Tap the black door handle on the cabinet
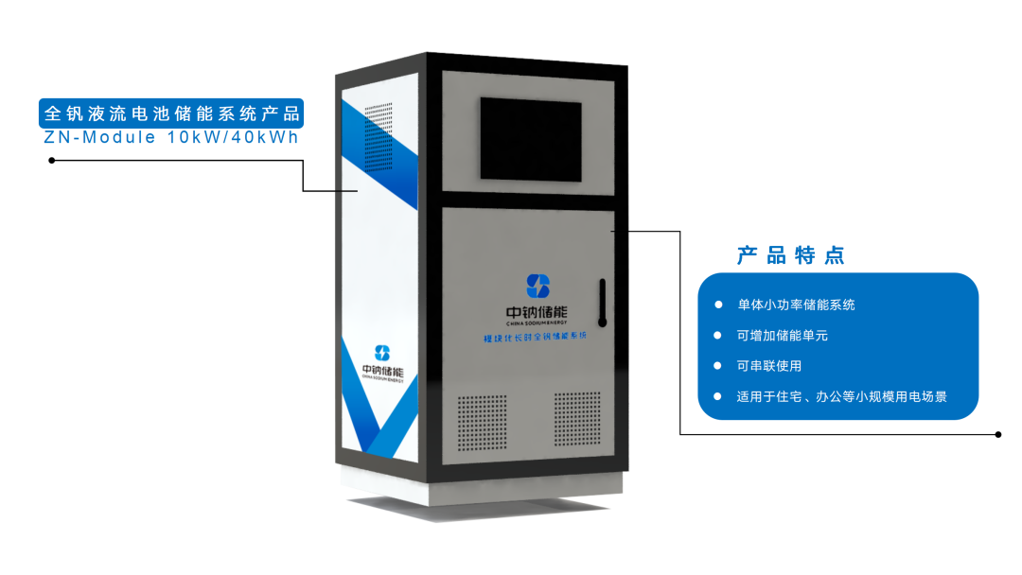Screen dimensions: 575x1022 (x=602, y=302)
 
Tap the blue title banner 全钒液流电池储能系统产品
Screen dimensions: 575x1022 (x=171, y=113)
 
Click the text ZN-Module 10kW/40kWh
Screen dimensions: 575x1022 (x=171, y=138)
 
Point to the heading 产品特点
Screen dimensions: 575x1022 (x=790, y=255)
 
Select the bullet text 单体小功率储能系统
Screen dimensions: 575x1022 (x=796, y=305)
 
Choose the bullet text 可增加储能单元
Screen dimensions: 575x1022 (x=783, y=335)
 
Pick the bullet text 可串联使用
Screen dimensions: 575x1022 (x=769, y=365)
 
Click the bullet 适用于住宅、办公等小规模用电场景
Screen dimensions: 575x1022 (x=841, y=396)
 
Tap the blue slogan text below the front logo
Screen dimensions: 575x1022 (x=536, y=336)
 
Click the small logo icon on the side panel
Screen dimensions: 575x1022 (x=382, y=352)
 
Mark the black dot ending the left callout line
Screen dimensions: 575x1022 (x=51, y=160)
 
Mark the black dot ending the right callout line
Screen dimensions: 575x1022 (x=998, y=435)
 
